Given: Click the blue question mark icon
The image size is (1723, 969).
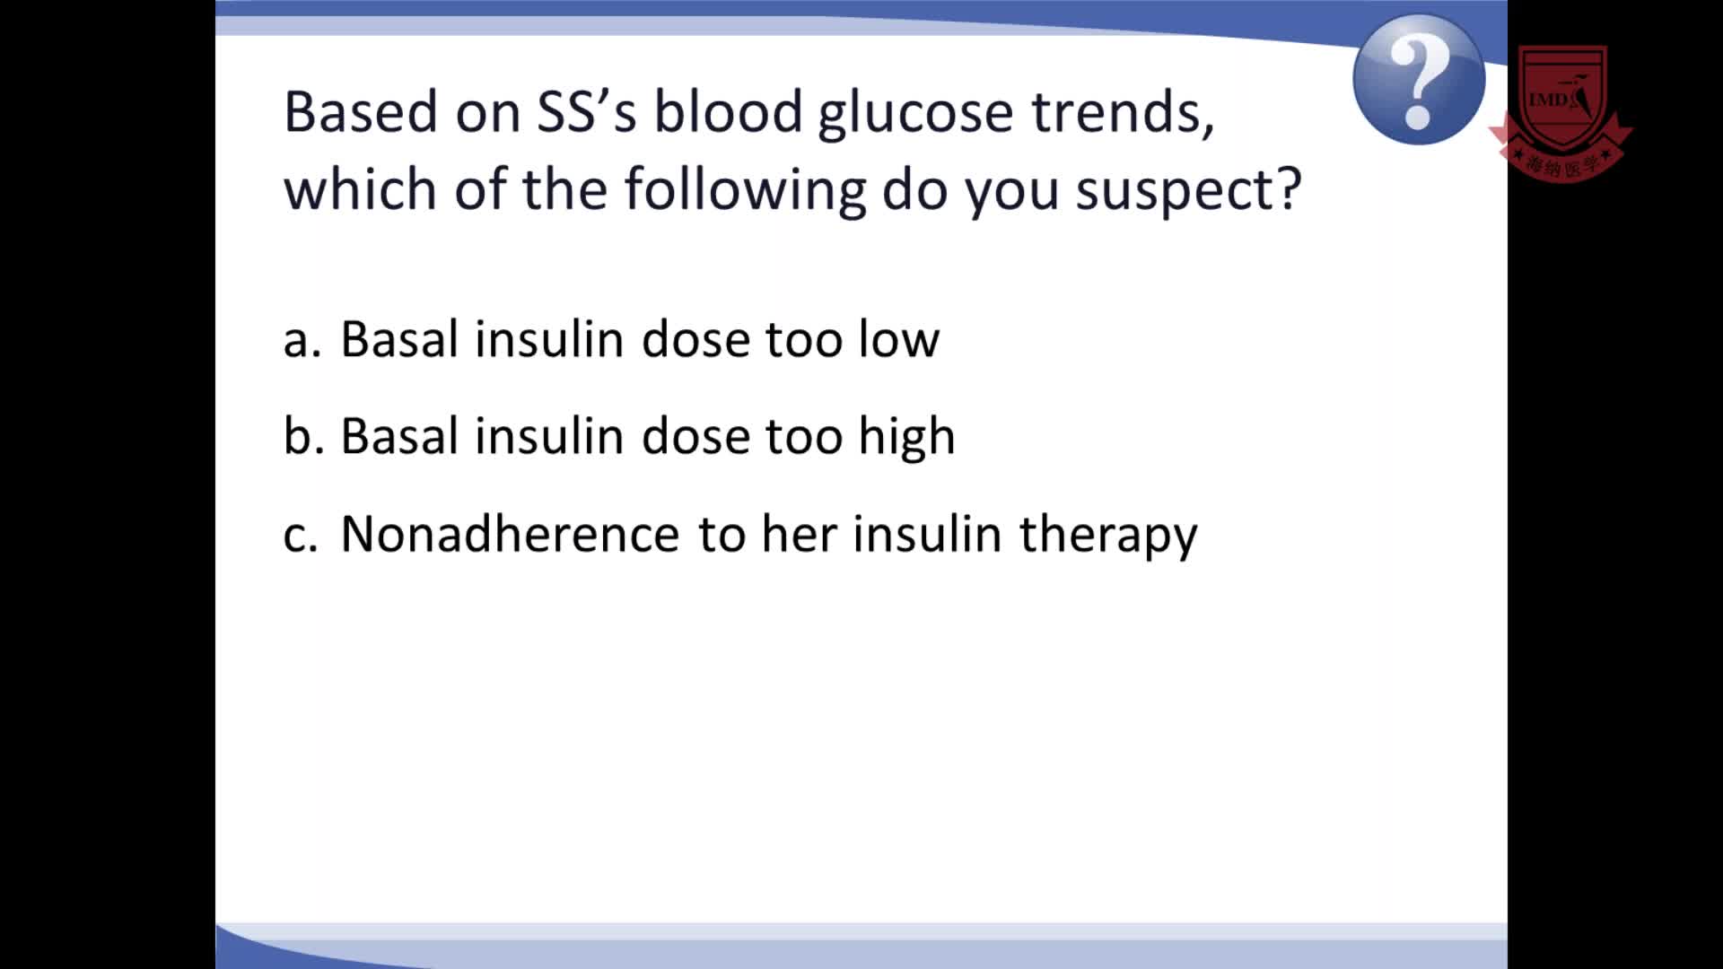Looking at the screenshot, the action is click(x=1419, y=79).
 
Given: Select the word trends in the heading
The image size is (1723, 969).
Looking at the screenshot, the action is click(x=1123, y=112).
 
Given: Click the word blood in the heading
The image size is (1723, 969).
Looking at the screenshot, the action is click(x=728, y=112).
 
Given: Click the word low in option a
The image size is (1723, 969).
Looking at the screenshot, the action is click(x=898, y=339).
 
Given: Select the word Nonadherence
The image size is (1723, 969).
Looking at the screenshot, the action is click(x=510, y=534).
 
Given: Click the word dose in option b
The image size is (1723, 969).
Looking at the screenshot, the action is click(x=695, y=436).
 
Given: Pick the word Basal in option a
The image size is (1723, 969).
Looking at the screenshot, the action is click(x=400, y=339).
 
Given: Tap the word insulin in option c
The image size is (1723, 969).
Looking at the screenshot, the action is click(x=926, y=534).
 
